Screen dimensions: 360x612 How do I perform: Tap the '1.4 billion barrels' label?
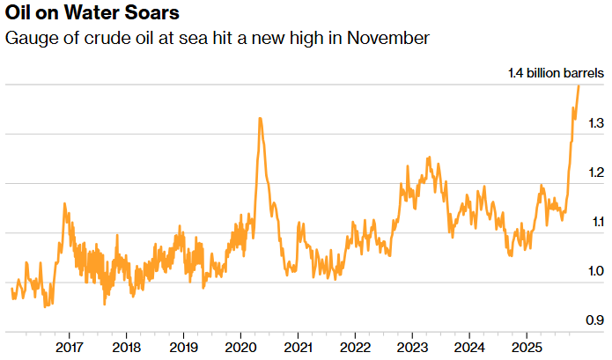click(557, 74)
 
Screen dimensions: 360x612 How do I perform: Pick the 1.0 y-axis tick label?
click(596, 271)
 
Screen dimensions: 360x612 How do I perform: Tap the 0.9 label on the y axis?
click(596, 320)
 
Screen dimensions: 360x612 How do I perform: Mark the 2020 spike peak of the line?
click(260, 118)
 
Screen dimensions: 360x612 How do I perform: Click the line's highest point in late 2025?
click(579, 85)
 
